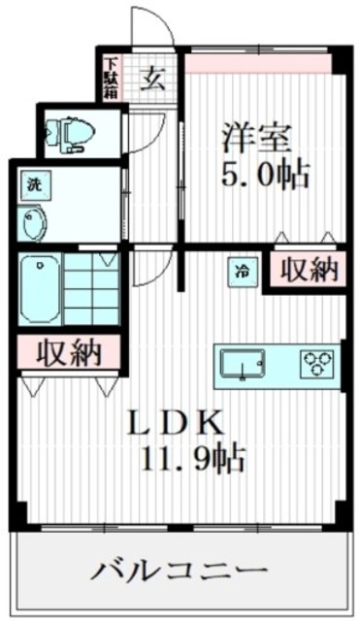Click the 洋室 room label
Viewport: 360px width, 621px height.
[x=256, y=136]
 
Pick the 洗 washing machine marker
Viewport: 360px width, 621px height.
[x=33, y=183]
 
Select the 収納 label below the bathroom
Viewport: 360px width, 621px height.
[x=68, y=353]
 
